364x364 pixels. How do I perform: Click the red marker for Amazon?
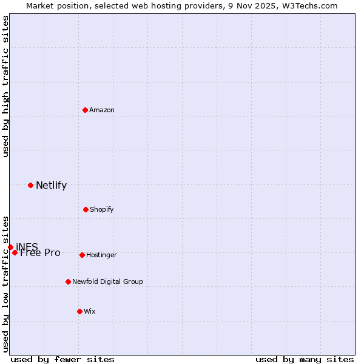click(x=86, y=110)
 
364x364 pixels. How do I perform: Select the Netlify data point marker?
click(x=30, y=185)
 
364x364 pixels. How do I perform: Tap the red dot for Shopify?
click(x=86, y=209)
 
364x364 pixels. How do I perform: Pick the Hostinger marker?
click(x=82, y=255)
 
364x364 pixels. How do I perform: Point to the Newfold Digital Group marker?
click(x=68, y=281)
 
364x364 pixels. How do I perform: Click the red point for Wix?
click(x=79, y=311)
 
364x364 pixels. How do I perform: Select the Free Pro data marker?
click(x=15, y=252)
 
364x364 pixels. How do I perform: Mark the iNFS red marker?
click(x=10, y=247)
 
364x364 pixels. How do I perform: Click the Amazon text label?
click(x=102, y=110)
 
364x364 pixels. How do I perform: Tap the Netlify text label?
click(x=51, y=186)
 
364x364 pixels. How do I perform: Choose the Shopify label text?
click(x=101, y=209)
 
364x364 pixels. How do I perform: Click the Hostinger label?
click(x=101, y=255)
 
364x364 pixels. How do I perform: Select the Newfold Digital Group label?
click(x=107, y=281)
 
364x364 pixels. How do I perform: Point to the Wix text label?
click(x=90, y=311)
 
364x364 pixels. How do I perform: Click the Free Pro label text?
click(x=40, y=253)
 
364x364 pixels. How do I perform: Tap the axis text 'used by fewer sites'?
click(x=62, y=359)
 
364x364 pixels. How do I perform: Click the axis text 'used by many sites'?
click(x=305, y=359)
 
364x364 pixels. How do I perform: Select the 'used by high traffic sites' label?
click(x=5, y=86)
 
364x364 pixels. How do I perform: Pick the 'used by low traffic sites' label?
click(x=5, y=284)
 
